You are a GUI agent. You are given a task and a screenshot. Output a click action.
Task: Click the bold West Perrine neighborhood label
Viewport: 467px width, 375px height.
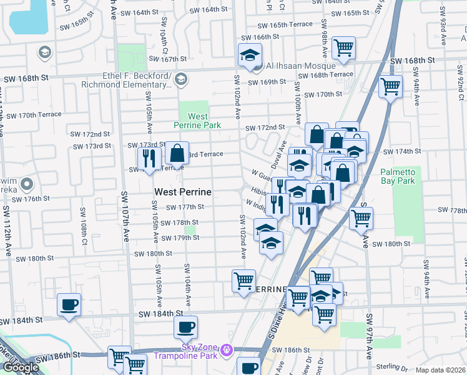(x=182, y=192)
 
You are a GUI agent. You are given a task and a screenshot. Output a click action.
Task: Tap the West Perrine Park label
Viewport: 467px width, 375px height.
(x=198, y=121)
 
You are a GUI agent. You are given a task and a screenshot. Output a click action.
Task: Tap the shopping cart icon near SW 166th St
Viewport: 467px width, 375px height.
(x=343, y=47)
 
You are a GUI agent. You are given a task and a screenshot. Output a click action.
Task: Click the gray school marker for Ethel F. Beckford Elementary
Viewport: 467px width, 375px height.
(x=181, y=79)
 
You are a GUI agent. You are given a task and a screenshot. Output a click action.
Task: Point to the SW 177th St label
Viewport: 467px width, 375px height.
(x=185, y=207)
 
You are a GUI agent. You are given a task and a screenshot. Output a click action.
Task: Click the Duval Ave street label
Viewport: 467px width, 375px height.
(x=279, y=154)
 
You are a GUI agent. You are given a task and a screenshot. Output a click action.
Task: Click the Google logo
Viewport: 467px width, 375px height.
(x=21, y=367)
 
